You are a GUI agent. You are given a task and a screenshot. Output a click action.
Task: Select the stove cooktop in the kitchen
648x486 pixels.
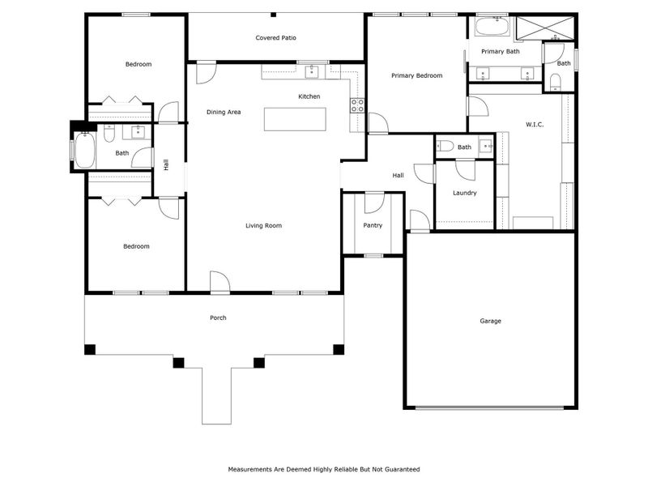[356, 104]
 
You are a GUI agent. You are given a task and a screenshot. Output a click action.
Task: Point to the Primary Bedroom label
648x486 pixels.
[416, 75]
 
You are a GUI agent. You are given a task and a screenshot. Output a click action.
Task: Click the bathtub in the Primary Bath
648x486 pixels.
[491, 28]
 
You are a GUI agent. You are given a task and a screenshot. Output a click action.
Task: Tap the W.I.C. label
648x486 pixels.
[534, 125]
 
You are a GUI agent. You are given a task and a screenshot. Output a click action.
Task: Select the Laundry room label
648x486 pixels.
[464, 193]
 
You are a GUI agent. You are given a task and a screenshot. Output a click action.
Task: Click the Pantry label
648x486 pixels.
[372, 225]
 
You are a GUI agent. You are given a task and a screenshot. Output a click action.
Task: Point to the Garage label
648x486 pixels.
[490, 321]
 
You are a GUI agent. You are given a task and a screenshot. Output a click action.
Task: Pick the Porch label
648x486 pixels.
[218, 318]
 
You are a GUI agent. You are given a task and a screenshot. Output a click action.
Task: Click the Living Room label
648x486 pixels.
[263, 225]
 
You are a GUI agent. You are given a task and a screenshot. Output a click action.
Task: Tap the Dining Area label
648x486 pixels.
[224, 112]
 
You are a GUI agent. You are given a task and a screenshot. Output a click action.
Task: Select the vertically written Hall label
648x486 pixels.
[166, 164]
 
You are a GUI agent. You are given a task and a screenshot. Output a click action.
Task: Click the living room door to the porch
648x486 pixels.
[220, 283]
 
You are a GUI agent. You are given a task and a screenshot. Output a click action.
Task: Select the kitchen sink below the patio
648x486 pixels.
[312, 72]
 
